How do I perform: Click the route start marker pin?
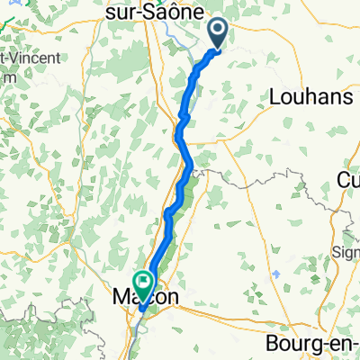pyautogui.click(x=219, y=34)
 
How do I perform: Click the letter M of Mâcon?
pyautogui.click(x=122, y=297)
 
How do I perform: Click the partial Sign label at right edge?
pyautogui.click(x=346, y=251)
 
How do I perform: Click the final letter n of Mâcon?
pyautogui.click(x=172, y=297)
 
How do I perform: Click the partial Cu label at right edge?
pyautogui.click(x=348, y=180)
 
